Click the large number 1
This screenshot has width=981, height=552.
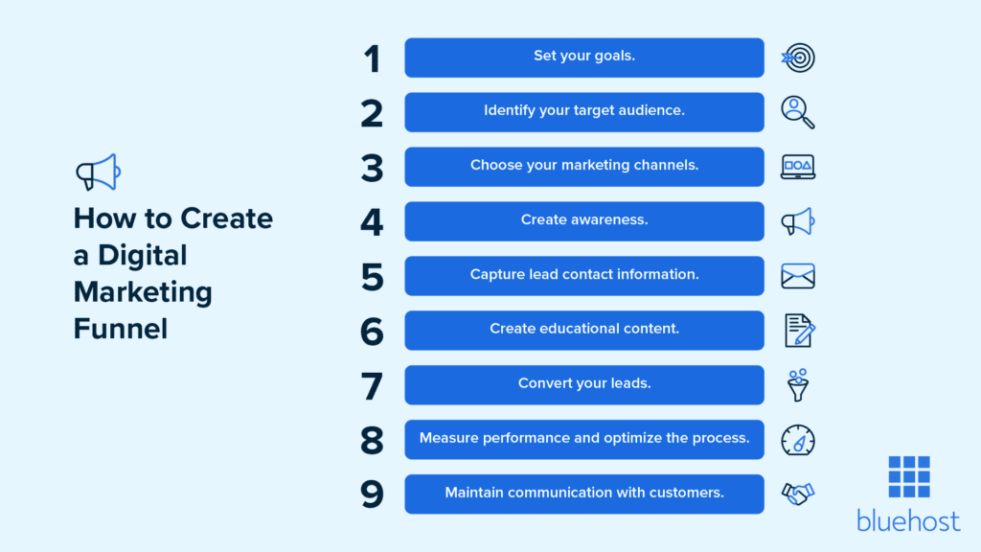pyautogui.click(x=372, y=58)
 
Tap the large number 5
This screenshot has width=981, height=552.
pyautogui.click(x=372, y=277)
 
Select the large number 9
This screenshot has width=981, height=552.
pyautogui.click(x=372, y=494)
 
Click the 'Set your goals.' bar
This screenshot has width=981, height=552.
pyautogui.click(x=583, y=57)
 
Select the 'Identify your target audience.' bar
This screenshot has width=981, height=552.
pyautogui.click(x=583, y=112)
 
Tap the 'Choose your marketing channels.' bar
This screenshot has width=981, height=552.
pyautogui.click(x=583, y=167)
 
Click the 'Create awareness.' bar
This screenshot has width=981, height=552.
pyautogui.click(x=583, y=221)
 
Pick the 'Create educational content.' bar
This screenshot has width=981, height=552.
pyautogui.click(x=583, y=331)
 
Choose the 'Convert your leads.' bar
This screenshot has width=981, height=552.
pyautogui.click(x=583, y=385)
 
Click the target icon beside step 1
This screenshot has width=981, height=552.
pyautogui.click(x=798, y=58)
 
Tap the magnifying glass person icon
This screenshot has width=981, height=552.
pyautogui.click(x=797, y=112)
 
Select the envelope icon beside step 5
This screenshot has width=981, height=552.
pyautogui.click(x=798, y=277)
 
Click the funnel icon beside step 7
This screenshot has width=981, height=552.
pyautogui.click(x=797, y=385)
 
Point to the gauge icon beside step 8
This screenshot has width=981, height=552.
pyautogui.click(x=798, y=440)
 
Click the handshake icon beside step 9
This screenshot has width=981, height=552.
pyautogui.click(x=798, y=494)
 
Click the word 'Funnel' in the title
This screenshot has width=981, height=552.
pyautogui.click(x=121, y=329)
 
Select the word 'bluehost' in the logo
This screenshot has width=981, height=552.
pyautogui.click(x=908, y=520)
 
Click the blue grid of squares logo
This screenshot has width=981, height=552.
pyautogui.click(x=908, y=476)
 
